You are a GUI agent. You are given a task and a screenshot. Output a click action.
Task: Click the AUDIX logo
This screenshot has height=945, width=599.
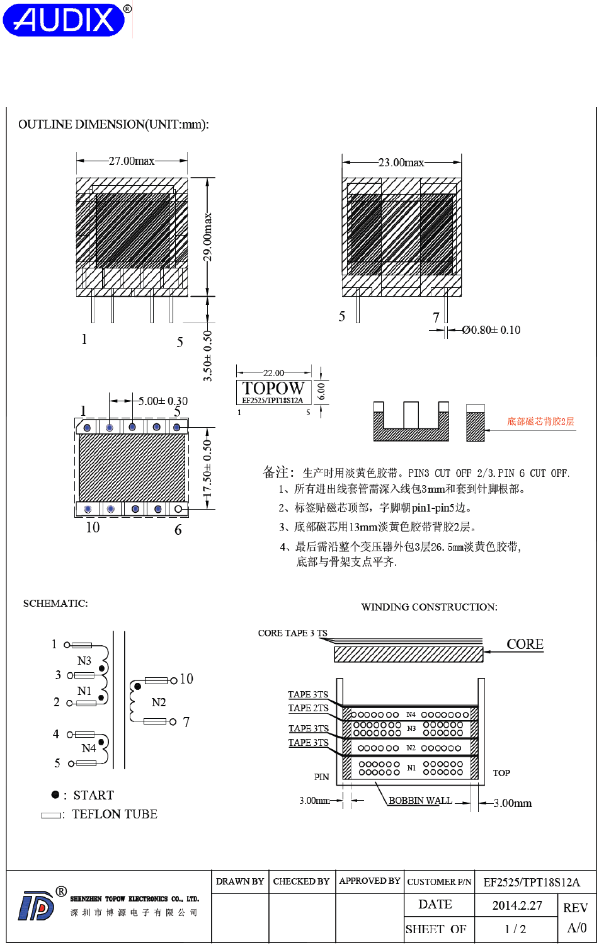point(65,20)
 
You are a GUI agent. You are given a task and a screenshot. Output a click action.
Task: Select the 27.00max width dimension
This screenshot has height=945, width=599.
point(131,161)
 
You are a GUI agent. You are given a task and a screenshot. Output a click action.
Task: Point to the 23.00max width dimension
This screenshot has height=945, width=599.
point(401,163)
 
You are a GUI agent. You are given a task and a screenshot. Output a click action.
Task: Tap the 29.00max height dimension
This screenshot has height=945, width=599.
point(208,237)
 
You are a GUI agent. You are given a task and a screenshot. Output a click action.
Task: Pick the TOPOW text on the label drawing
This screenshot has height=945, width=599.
point(273,388)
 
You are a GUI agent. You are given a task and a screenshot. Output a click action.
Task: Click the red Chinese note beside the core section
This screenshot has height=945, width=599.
point(540,421)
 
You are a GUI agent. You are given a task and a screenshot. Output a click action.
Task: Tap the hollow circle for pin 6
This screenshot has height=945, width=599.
point(179,509)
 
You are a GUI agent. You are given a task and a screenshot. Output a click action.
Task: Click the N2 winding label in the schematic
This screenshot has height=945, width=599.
point(159,702)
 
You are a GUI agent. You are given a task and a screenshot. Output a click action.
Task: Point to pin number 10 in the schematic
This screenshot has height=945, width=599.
point(186,679)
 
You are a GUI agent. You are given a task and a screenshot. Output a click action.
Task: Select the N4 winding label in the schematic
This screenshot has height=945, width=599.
point(89,748)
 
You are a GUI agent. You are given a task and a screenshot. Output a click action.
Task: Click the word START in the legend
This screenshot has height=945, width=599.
point(94,795)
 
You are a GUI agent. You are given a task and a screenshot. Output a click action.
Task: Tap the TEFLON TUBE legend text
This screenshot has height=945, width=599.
point(115,815)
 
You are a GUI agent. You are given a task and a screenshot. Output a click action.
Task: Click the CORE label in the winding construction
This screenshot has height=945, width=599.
point(525,644)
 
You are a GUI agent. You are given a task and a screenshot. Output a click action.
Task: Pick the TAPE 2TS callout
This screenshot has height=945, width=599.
point(308,708)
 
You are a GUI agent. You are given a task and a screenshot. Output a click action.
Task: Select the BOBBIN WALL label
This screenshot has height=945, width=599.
point(420,801)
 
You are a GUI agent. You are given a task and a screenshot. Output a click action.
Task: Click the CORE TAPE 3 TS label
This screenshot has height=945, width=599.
point(292,633)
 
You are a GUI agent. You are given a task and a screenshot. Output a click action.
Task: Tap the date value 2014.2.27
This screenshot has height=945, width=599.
point(517,905)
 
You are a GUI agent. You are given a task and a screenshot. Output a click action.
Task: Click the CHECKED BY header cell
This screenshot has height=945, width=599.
point(301,881)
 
